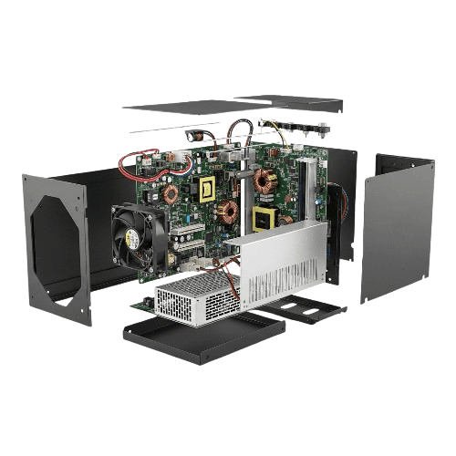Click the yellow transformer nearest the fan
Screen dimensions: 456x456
206,188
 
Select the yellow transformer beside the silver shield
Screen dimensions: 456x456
265,219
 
